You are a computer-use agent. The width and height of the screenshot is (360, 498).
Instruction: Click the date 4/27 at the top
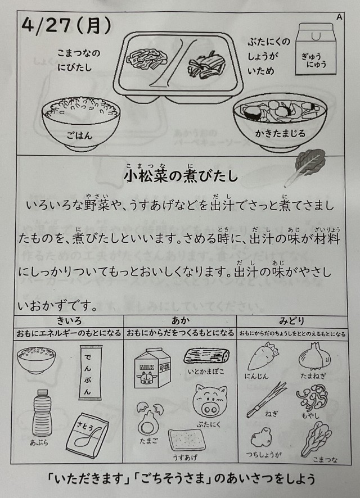pos(46,26)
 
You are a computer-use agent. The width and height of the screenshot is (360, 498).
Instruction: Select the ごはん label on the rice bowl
pos(79,135)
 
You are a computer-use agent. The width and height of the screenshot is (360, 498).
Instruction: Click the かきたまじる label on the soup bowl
pos(280,133)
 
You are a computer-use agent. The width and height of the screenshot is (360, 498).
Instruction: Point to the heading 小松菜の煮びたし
pos(181,175)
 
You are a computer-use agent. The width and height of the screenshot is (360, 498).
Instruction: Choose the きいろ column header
pos(69,321)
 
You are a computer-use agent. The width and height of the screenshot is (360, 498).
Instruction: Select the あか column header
pos(180,321)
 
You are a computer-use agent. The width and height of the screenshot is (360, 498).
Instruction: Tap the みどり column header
pos(291,321)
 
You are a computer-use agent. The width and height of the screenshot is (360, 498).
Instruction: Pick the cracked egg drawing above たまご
pos(150,418)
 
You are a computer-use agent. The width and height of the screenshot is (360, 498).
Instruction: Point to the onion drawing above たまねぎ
pos(314,356)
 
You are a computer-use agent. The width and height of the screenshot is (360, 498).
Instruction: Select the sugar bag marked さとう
pos(87,435)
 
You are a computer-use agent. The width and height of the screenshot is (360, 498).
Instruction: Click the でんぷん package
pos(91,372)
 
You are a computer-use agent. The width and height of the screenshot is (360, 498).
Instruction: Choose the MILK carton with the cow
pos(152,368)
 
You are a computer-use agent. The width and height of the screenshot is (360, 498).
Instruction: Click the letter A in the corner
pos(339,17)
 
